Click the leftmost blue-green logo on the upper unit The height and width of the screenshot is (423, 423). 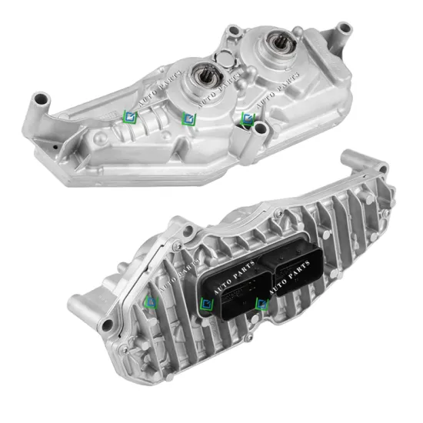pos(128,116)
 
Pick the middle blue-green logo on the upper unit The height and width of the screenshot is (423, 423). pos(187,118)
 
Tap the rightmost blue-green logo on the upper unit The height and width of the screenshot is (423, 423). pos(247,118)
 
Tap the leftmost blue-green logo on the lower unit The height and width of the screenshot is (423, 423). pos(152,302)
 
